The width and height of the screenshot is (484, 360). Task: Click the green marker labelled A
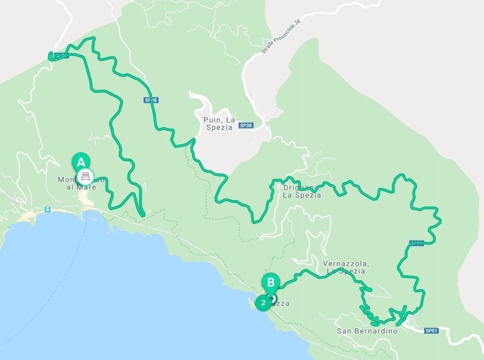[80, 161]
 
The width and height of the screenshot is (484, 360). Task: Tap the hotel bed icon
[85, 176]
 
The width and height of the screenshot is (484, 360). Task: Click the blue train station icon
[47, 209]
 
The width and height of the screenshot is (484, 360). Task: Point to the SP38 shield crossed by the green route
[151, 100]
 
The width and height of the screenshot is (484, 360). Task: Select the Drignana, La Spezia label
[301, 192]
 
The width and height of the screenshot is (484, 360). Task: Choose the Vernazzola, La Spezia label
[346, 267]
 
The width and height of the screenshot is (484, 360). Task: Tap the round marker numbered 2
[263, 303]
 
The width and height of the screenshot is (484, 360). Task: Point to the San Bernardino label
[367, 331]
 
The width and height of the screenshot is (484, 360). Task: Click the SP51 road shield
[432, 331]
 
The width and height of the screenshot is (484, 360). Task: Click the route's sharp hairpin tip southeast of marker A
[143, 215]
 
